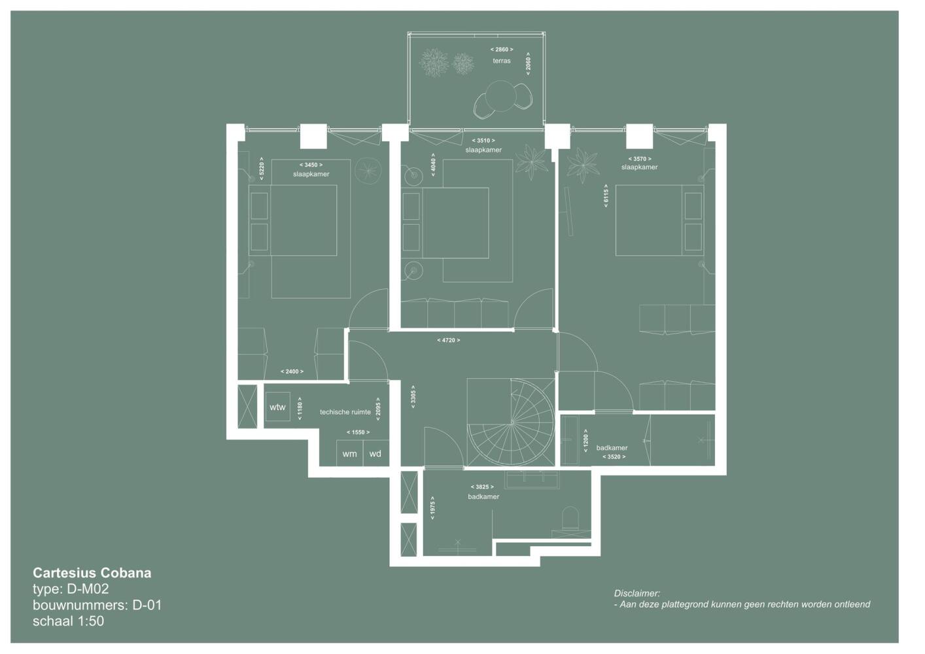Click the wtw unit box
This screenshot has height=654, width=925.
click(277, 407)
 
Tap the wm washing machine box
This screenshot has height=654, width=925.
click(350, 454)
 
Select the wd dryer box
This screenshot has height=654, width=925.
click(375, 454)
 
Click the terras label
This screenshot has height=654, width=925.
click(501, 61)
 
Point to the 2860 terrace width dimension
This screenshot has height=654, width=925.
click(502, 50)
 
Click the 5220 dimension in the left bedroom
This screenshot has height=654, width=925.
click(262, 169)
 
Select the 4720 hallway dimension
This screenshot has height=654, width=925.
click(449, 340)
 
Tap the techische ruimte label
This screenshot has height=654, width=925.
click(345, 412)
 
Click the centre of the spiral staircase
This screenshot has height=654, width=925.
click(512, 422)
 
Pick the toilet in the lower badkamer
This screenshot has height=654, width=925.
click(570, 519)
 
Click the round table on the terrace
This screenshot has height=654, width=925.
click(500, 95)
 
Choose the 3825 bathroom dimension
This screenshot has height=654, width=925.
click(482, 487)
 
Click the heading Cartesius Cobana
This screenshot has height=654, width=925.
click(92, 573)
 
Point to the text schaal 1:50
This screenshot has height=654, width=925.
click(69, 621)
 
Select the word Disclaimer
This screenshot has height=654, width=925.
click(637, 593)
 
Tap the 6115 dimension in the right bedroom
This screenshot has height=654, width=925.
click(606, 196)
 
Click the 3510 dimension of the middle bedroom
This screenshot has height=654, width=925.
click(483, 141)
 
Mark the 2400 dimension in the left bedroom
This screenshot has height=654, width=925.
click(292, 371)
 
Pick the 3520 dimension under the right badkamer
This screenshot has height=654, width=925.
click(614, 456)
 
